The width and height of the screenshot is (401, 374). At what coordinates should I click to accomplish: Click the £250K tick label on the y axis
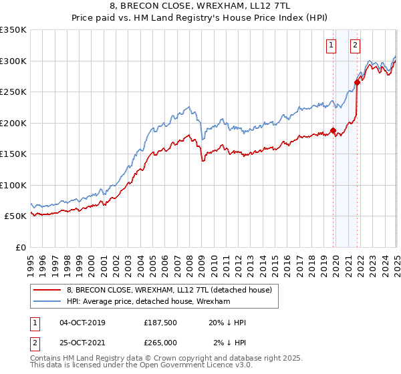tap(13, 92)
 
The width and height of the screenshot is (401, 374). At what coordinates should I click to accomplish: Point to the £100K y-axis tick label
tap(13, 185)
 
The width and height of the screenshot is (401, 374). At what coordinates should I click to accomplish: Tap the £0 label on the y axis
tap(21, 247)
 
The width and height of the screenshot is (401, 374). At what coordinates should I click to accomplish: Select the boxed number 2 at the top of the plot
tap(355, 45)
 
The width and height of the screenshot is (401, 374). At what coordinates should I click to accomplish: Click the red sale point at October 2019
tap(333, 131)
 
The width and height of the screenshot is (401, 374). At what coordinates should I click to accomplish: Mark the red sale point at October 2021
tap(358, 83)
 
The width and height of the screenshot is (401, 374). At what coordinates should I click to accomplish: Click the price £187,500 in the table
tap(160, 323)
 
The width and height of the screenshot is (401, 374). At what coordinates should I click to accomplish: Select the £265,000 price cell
tap(160, 342)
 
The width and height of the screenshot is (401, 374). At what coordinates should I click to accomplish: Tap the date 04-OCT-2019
tap(82, 323)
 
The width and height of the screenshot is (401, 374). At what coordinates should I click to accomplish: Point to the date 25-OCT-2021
tap(82, 342)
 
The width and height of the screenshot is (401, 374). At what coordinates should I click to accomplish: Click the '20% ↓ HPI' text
tap(227, 323)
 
